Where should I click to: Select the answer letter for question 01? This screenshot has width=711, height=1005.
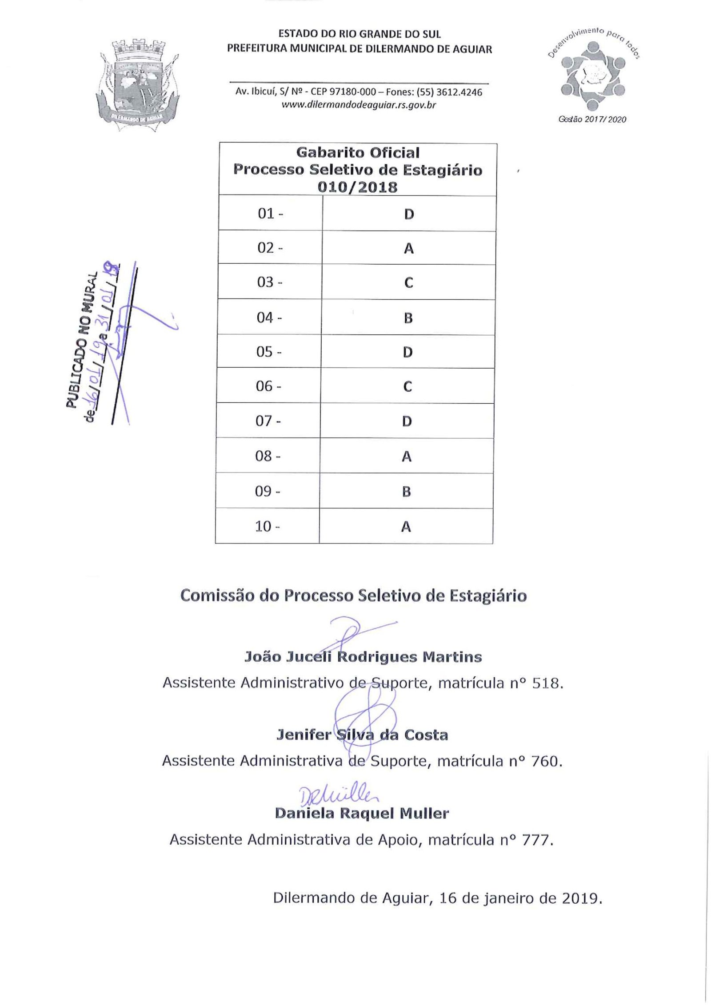click(x=409, y=215)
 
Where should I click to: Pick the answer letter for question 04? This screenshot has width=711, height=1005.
click(x=408, y=318)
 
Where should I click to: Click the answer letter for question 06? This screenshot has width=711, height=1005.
click(x=407, y=387)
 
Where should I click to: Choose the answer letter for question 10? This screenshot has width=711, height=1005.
click(x=406, y=527)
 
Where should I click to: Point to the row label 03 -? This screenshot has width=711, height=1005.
click(x=269, y=282)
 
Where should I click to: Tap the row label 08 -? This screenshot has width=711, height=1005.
click(x=268, y=456)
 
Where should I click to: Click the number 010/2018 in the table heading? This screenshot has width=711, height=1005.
click(x=357, y=187)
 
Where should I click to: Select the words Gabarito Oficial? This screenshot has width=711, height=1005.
click(x=358, y=153)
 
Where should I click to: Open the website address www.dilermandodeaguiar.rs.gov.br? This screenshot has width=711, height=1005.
click(x=359, y=105)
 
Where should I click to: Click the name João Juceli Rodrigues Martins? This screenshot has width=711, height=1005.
click(x=363, y=657)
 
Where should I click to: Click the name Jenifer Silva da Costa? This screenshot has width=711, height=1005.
click(x=362, y=735)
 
